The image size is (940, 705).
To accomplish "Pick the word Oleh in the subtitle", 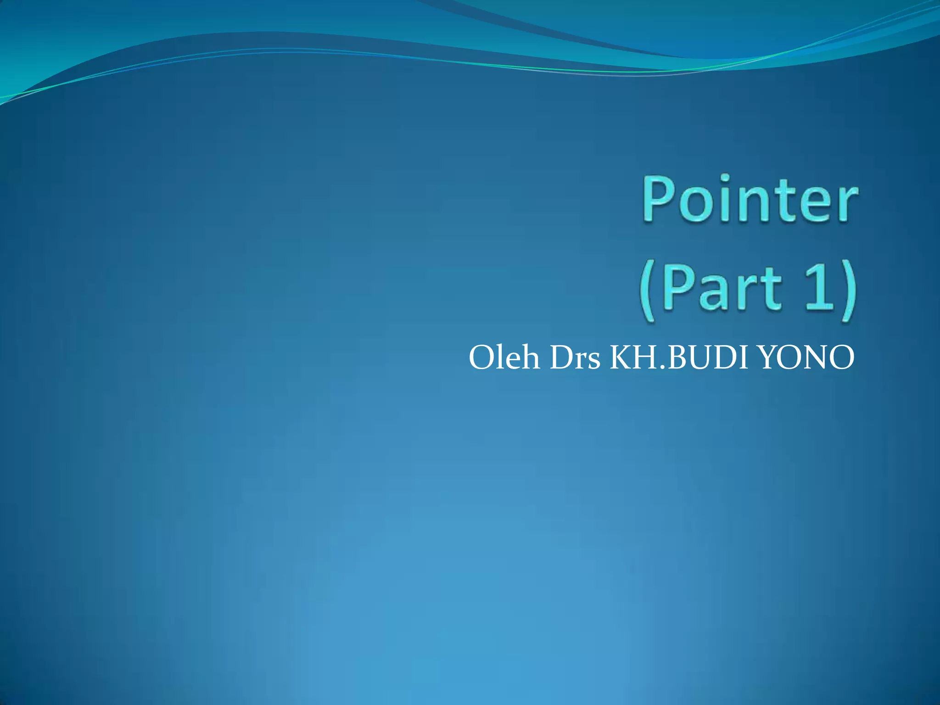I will (504, 358).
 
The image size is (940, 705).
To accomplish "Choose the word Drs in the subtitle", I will (575, 358).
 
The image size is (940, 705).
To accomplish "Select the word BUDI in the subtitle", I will (706, 358).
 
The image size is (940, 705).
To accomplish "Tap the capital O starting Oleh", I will (480, 358).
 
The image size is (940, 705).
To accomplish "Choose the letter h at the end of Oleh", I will (530, 358).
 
